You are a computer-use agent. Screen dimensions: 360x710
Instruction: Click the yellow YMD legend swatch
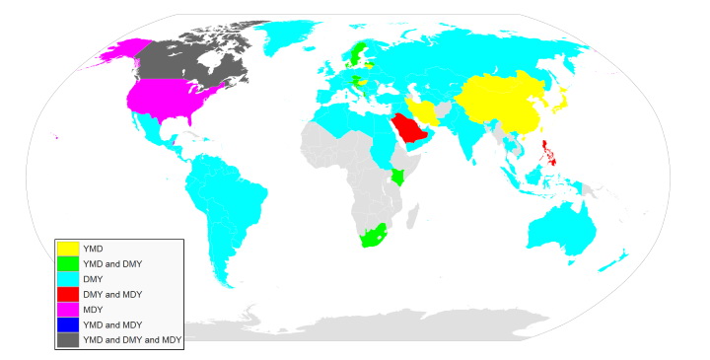point(68,248)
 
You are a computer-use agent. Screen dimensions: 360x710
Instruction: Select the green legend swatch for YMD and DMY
point(68,262)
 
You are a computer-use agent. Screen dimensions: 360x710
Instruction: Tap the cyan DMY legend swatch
point(68,278)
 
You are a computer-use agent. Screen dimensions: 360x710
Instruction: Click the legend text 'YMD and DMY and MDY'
point(133,339)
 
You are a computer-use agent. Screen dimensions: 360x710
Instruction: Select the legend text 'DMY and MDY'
point(113,294)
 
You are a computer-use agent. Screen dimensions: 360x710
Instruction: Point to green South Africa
point(372,236)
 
